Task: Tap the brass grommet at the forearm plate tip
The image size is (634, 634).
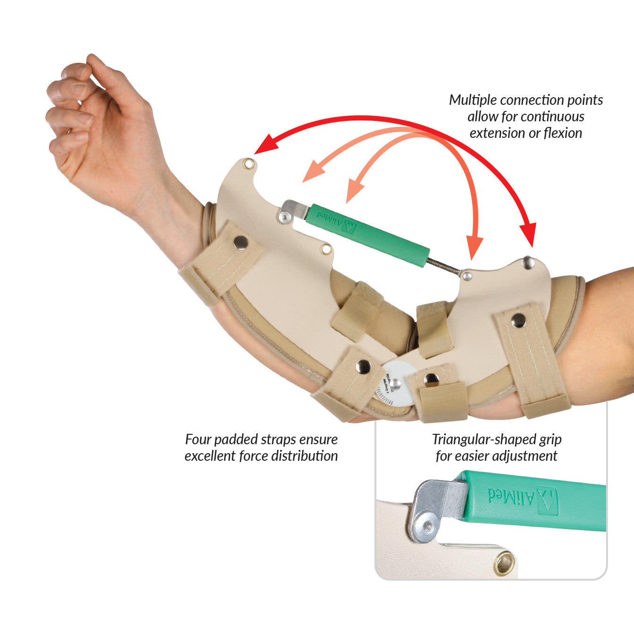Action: (x=249, y=164)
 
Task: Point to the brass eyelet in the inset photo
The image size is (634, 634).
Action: (x=504, y=563)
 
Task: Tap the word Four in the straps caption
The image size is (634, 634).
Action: (x=198, y=440)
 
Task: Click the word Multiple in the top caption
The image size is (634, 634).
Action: (x=473, y=100)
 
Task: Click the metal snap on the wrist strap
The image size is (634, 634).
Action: (x=241, y=242)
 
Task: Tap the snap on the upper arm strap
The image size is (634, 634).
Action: (x=519, y=321)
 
